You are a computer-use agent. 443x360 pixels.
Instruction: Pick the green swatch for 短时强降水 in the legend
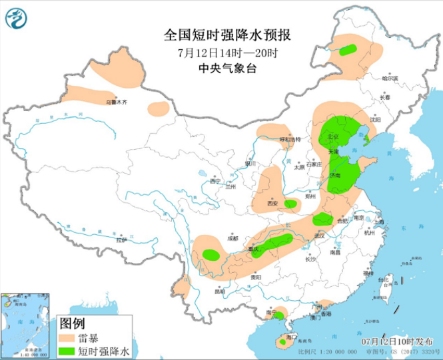click(x=67, y=350)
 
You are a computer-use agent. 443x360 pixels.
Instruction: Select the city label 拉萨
click(x=121, y=240)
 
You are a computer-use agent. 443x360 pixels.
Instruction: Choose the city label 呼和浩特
click(x=289, y=140)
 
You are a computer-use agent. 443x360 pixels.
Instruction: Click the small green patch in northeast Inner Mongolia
click(x=348, y=49)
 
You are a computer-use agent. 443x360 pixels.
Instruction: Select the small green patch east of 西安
click(x=290, y=204)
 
